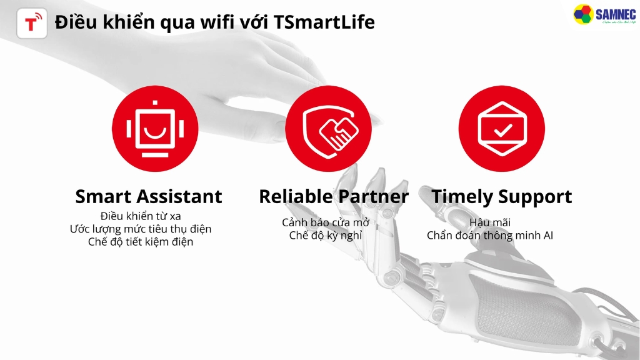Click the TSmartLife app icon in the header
tap(32, 23)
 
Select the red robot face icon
tap(155, 128)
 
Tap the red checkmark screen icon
tap(502, 128)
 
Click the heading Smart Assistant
tap(149, 196)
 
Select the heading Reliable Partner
tap(334, 196)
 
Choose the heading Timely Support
tap(502, 196)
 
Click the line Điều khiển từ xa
tap(141, 217)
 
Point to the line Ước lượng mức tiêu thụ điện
tap(141, 229)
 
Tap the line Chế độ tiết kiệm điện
tap(141, 242)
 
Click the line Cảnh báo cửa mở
tap(326, 222)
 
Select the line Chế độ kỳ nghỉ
tap(326, 236)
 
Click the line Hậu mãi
tap(490, 222)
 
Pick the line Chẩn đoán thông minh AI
tap(490, 236)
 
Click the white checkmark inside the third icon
tap(502, 130)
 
